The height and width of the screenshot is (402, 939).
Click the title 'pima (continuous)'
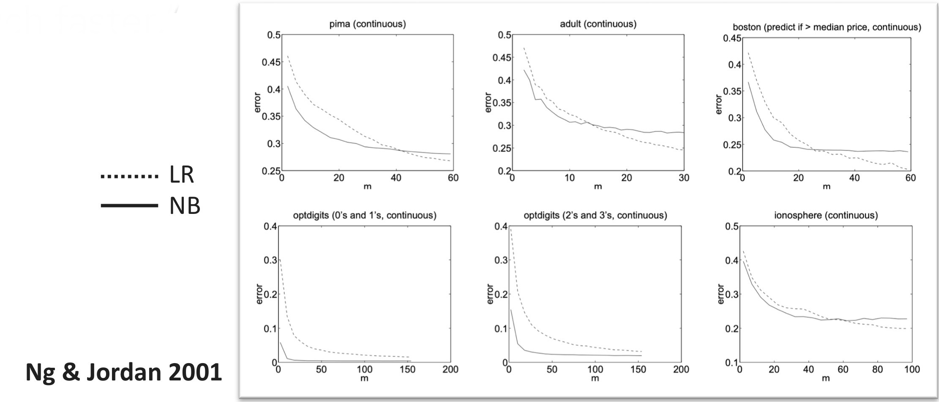[x=367, y=24]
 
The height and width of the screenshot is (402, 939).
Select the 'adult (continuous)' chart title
[x=598, y=24]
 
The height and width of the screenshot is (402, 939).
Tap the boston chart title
[x=827, y=27]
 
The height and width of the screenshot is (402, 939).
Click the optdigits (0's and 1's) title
[x=364, y=216]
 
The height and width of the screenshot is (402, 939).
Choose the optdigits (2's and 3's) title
[x=595, y=216]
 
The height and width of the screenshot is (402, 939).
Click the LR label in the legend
[x=182, y=175]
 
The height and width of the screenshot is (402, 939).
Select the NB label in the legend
[x=185, y=206]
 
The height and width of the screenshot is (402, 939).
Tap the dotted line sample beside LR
[x=129, y=176]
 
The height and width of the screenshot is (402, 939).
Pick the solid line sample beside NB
[x=129, y=206]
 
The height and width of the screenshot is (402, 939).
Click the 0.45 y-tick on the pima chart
[x=271, y=62]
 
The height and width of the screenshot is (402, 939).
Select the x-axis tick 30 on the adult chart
[x=683, y=178]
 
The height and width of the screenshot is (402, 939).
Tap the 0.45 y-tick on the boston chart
[x=732, y=39]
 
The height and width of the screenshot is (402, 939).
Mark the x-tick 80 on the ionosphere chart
[x=877, y=369]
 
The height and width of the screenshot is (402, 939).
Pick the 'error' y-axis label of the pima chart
[x=258, y=102]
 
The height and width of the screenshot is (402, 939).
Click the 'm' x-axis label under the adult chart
[x=597, y=186]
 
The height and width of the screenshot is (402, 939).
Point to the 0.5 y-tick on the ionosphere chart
[x=732, y=227]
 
